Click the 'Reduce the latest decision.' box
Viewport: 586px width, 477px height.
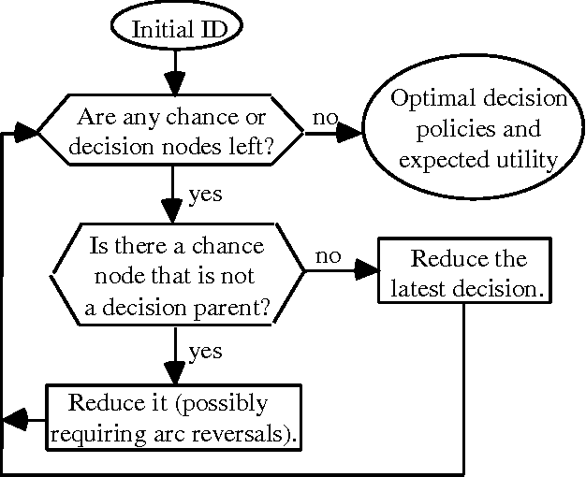point(463,273)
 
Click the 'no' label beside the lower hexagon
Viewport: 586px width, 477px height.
point(328,257)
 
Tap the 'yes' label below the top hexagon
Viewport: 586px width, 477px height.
point(205,195)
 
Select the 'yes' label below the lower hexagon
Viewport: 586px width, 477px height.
point(205,352)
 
